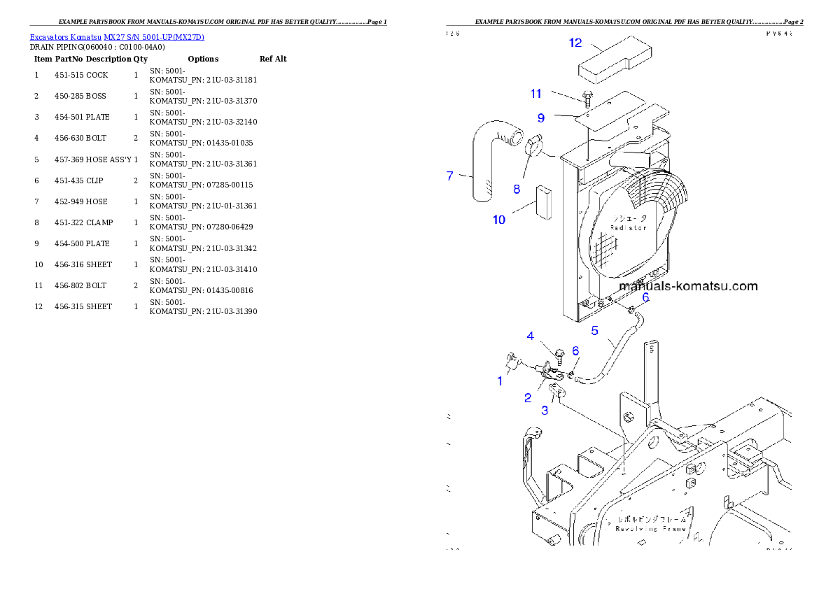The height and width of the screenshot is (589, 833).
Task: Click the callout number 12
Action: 575,43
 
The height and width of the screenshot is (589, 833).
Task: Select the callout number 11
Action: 536,93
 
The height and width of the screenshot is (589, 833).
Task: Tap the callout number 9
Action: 541,118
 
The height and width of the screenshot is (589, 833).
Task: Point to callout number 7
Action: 450,176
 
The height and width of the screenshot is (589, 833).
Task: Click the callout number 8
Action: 517,188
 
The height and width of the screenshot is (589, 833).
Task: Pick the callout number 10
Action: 498,220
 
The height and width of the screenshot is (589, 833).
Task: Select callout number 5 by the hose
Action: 594,330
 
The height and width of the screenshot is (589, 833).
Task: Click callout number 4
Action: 531,336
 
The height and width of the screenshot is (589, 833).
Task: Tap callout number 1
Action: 500,381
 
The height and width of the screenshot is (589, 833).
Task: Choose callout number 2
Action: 528,398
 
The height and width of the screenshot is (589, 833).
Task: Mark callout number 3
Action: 545,411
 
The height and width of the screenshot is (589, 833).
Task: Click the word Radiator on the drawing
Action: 629,228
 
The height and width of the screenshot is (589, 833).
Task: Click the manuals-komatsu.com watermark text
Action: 688,286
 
